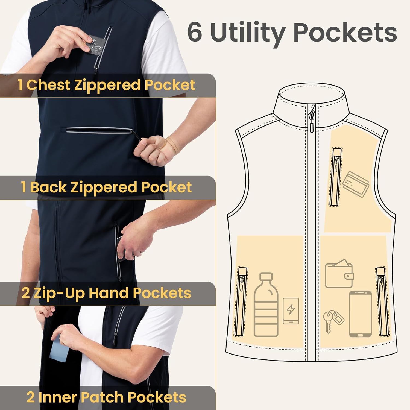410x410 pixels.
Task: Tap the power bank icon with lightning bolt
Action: [x=291, y=311]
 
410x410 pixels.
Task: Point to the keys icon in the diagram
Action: [x=333, y=320]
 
